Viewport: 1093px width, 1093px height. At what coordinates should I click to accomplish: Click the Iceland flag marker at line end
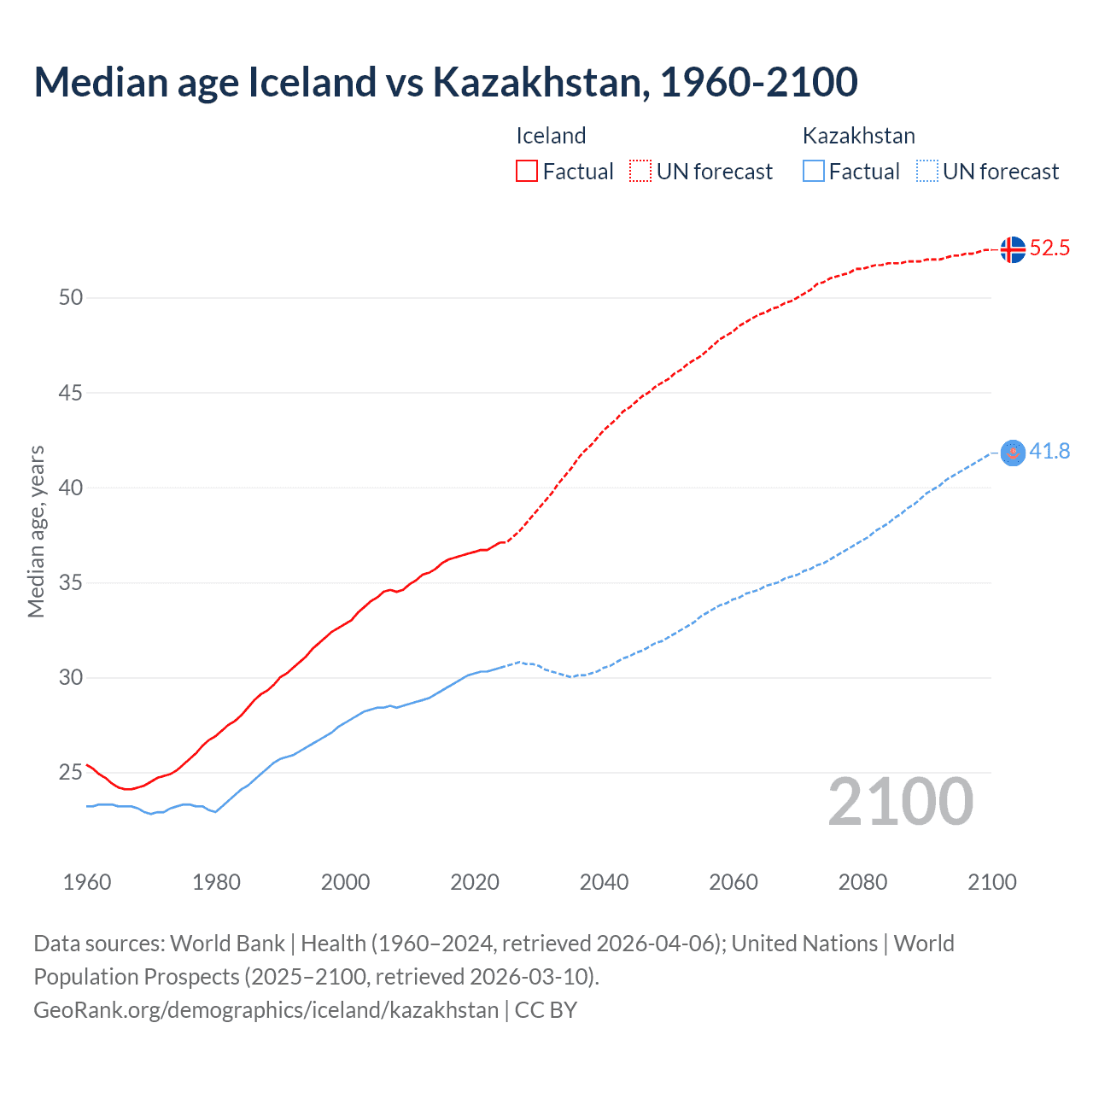[1012, 249]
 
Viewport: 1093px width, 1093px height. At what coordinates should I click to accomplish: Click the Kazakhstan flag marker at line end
[1012, 453]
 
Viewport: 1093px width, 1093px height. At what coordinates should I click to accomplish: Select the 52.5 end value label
[1049, 248]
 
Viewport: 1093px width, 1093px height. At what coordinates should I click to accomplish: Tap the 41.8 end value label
[1049, 452]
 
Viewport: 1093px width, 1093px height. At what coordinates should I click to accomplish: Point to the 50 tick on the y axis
[71, 298]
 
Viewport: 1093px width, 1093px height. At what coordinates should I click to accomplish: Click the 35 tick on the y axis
[71, 583]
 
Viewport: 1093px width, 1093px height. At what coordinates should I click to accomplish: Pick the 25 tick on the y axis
[71, 773]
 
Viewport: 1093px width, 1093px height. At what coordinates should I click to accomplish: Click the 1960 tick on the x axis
[87, 882]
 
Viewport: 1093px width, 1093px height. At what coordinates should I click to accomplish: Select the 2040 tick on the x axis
[604, 882]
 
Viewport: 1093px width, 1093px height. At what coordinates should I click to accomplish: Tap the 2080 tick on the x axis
[862, 882]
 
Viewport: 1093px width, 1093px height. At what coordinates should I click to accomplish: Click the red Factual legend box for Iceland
[527, 172]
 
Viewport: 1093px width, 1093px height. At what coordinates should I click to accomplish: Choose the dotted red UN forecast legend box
[640, 172]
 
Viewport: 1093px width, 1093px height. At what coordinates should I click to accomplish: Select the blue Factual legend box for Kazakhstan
[814, 172]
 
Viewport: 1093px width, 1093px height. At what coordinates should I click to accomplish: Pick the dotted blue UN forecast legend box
[927, 172]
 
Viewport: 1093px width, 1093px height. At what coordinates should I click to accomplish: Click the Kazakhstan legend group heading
[858, 136]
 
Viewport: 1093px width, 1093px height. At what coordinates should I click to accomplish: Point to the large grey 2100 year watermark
[900, 802]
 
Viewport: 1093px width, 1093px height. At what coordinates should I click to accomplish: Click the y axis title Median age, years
[36, 531]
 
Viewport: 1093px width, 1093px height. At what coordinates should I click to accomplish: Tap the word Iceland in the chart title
[312, 83]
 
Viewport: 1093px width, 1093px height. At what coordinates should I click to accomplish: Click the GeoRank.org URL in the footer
[266, 1010]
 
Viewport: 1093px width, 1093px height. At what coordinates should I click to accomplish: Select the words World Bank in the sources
[227, 944]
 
